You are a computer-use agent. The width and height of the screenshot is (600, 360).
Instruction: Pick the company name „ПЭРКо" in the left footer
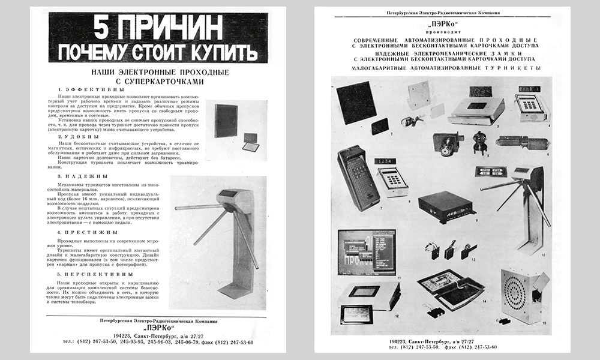coord(149,328)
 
